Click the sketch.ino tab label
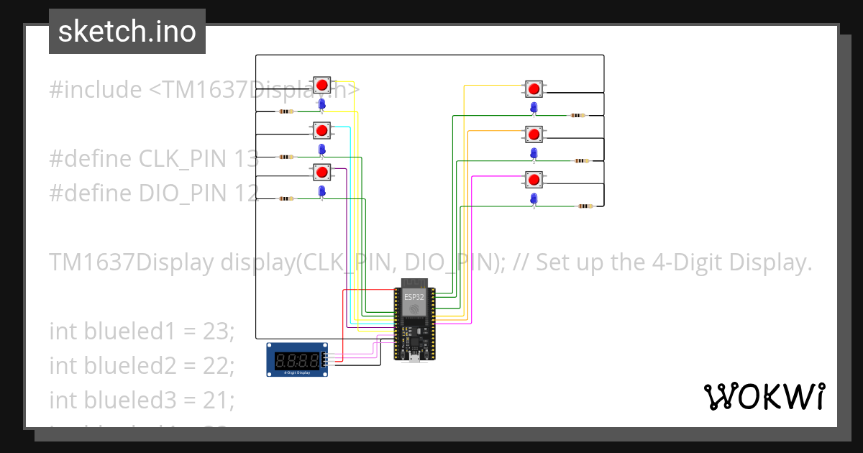[x=127, y=32]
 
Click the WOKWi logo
[x=764, y=396]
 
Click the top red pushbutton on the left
[x=322, y=86]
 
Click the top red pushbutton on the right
[x=533, y=89]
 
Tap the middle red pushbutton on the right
[x=533, y=134]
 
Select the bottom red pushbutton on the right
[x=533, y=179]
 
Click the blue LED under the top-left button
[x=322, y=105]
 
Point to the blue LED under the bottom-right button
[x=533, y=198]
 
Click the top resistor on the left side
[x=286, y=111]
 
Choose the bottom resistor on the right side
[x=585, y=206]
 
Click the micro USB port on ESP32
[x=414, y=357]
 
